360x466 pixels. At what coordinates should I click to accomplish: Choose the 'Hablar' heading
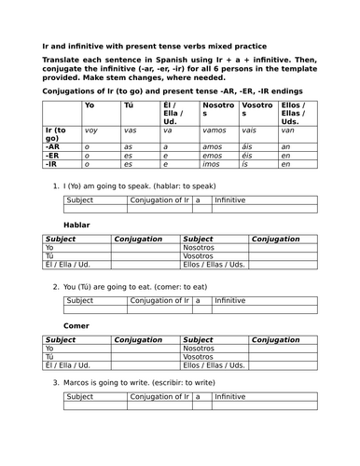[x=76, y=226]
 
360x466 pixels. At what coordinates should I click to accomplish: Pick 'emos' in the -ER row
[x=212, y=155]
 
